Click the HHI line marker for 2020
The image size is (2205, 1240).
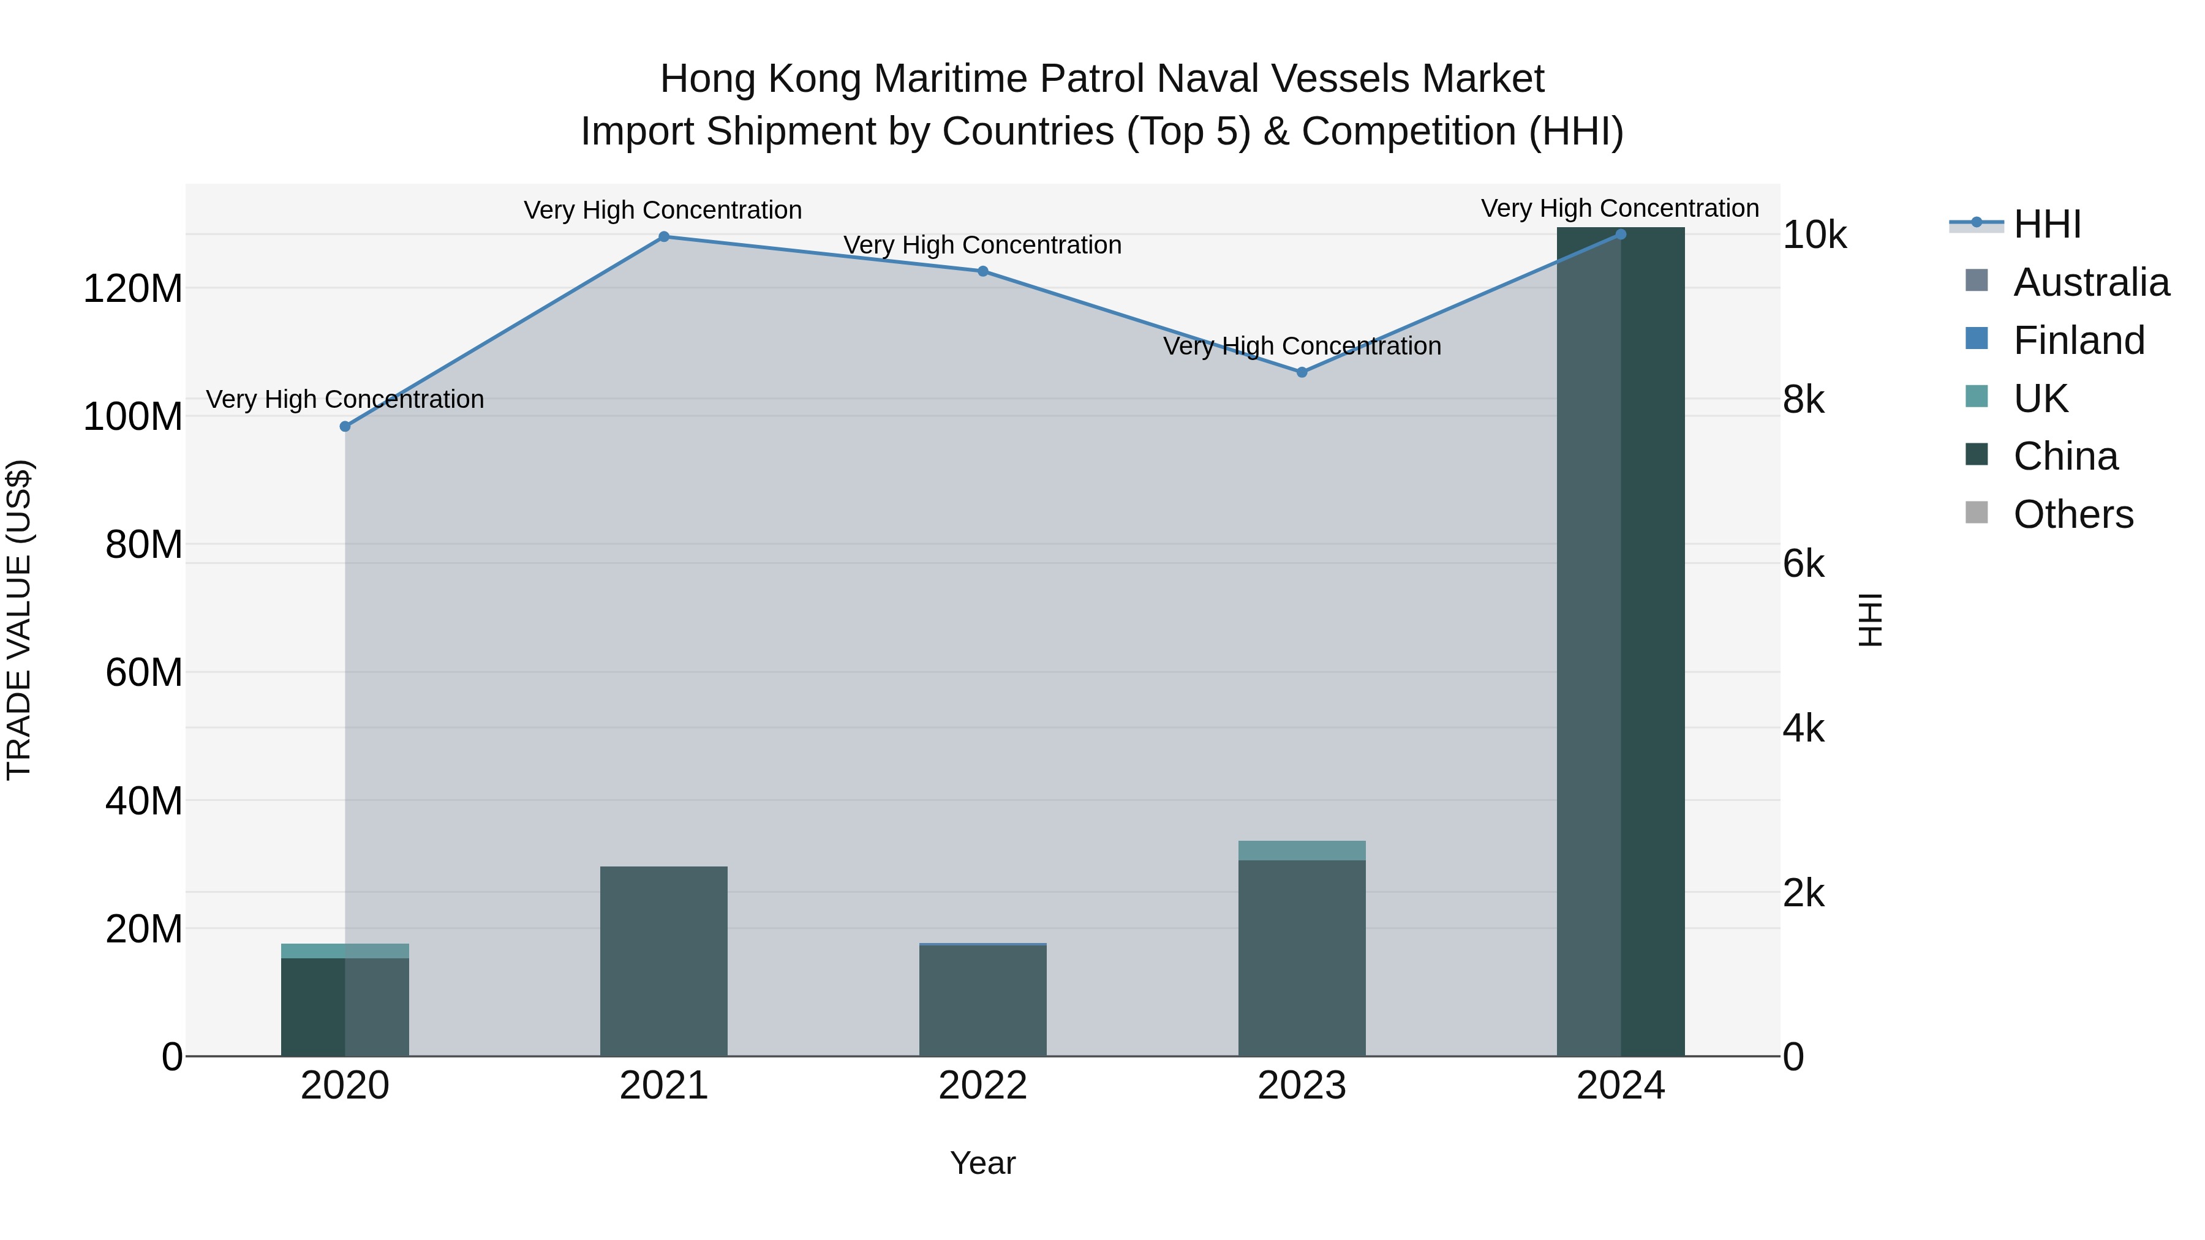click(x=345, y=426)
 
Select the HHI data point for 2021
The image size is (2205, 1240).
click(x=663, y=237)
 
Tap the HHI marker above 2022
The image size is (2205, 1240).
click(x=982, y=271)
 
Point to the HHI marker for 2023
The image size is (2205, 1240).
click(x=1302, y=372)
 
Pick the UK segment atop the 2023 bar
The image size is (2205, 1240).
click(x=1302, y=850)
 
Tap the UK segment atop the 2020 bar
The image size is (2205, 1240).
click(x=345, y=951)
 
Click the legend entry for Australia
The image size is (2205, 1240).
click(x=2090, y=282)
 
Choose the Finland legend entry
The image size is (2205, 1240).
click(x=2078, y=340)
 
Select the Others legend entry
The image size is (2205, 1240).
click(x=2072, y=514)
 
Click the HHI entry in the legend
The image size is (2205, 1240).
click(x=2046, y=224)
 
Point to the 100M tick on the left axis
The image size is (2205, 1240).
click(x=133, y=417)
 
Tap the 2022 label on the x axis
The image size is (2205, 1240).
click(x=982, y=1086)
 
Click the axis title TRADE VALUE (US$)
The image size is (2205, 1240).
click(x=19, y=620)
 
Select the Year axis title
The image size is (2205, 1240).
click(x=982, y=1163)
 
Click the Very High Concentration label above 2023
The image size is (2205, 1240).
click(x=1302, y=347)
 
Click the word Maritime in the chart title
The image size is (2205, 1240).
click(x=948, y=79)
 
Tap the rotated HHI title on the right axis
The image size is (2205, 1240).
click(x=1871, y=620)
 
